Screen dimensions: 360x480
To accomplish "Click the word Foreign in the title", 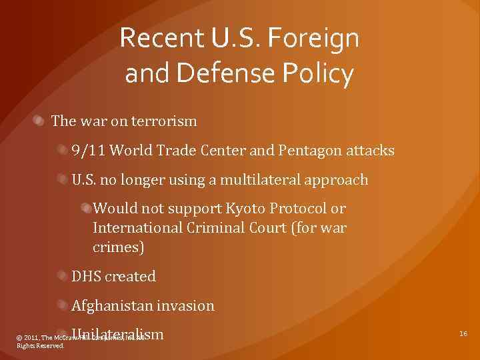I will click(x=313, y=39).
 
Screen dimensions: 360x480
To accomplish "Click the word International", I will click(x=138, y=227).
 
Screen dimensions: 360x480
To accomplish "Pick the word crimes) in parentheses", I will click(x=118, y=247).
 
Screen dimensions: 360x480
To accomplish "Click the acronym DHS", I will click(x=87, y=276).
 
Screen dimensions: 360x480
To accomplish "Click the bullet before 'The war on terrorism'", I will click(x=40, y=121).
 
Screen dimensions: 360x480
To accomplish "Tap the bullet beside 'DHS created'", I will click(x=61, y=276).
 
